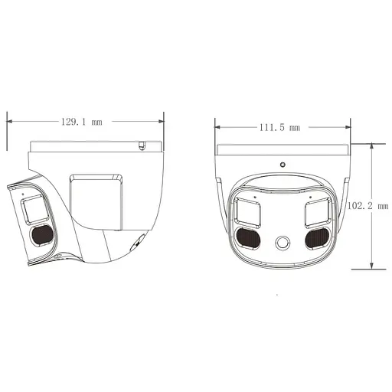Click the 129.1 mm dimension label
coord(81,122)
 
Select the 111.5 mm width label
coord(279,128)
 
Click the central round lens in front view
coord(283,244)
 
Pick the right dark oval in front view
coord(317,238)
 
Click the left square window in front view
coord(248,209)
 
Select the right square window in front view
coord(317,209)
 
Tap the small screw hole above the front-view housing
coord(283,165)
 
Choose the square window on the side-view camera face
coord(34,207)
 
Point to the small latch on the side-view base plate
coord(142,145)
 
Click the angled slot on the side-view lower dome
coord(136,243)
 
